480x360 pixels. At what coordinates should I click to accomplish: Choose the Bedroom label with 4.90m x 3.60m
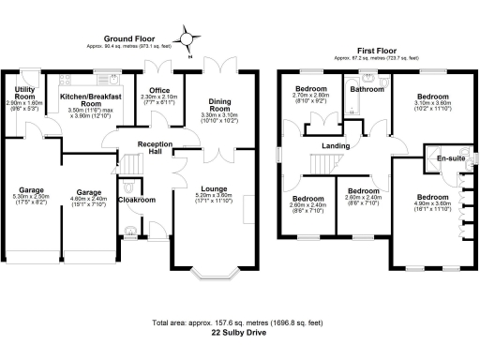click(433, 197)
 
